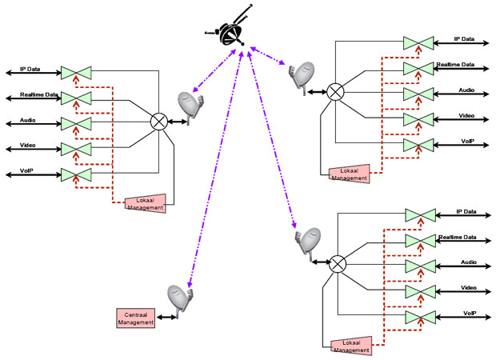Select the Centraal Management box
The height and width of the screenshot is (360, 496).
tap(136, 318)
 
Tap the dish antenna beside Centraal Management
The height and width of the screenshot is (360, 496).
tap(180, 301)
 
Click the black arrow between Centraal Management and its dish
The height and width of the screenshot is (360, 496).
tap(166, 317)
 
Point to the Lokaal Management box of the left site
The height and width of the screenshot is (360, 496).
tap(146, 203)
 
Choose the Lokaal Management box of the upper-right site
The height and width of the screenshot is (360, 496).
tap(350, 174)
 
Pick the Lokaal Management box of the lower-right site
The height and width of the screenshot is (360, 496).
tap(351, 346)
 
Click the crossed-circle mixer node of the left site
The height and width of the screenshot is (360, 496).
tap(158, 122)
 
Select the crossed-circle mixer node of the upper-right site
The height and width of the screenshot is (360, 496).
tap(335, 92)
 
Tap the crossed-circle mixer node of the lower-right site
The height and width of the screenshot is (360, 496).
tap(338, 264)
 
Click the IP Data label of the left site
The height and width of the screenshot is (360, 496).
tap(30, 69)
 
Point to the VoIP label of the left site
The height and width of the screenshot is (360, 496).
tap(26, 171)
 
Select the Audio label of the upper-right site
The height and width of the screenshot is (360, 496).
tap(466, 90)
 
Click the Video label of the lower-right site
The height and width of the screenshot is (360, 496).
tap(469, 288)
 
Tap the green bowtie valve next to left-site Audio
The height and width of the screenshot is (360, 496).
tap(76, 124)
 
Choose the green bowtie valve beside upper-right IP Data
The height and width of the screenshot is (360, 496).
tap(418, 43)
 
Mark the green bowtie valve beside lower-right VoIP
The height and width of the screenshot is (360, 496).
tap(421, 318)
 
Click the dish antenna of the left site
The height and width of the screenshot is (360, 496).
tap(190, 107)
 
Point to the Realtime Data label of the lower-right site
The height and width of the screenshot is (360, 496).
tap(458, 238)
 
